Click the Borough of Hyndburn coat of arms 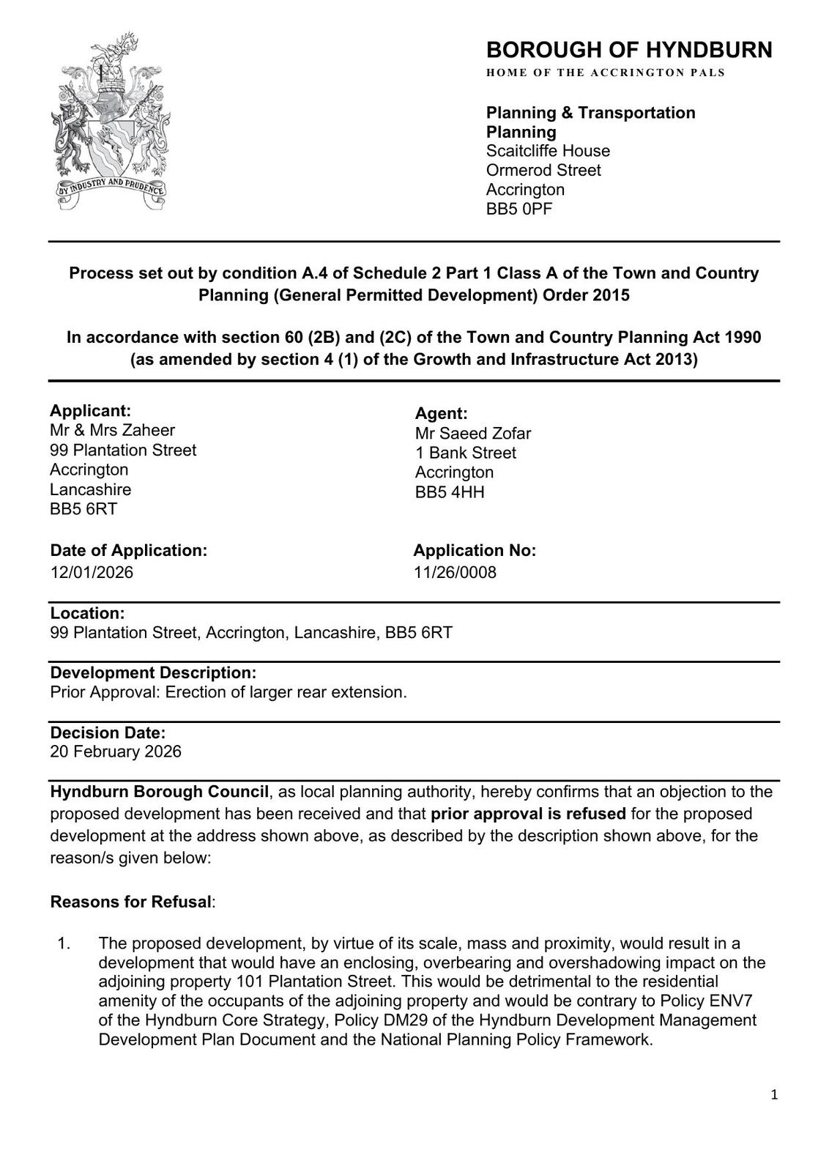pyautogui.click(x=111, y=122)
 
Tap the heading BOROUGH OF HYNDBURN pyautogui.click(x=628, y=50)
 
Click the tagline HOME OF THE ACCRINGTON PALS pyautogui.click(x=605, y=73)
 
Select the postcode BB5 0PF pyautogui.click(x=519, y=209)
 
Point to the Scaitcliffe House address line pyautogui.click(x=548, y=151)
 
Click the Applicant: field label pyautogui.click(x=90, y=410)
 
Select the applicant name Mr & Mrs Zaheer pyautogui.click(x=112, y=430)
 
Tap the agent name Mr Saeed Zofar pyautogui.click(x=472, y=434)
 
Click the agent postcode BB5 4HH pyautogui.click(x=450, y=492)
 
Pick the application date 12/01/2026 pyautogui.click(x=92, y=572)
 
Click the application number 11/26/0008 pyautogui.click(x=455, y=572)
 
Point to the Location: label pyautogui.click(x=87, y=613)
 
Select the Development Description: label pyautogui.click(x=153, y=672)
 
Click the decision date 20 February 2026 pyautogui.click(x=116, y=752)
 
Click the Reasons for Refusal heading pyautogui.click(x=130, y=902)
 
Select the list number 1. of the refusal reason pyautogui.click(x=64, y=943)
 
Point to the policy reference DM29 pyautogui.click(x=362, y=1020)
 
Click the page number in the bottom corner pyautogui.click(x=774, y=1096)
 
